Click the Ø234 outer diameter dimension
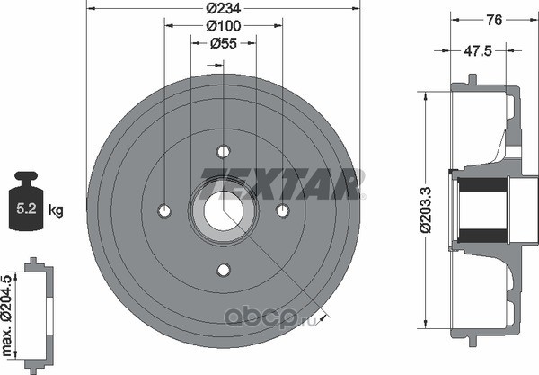tap(224, 8)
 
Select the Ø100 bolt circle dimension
tap(224, 26)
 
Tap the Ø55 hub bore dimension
tap(224, 43)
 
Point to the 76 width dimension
tap(495, 20)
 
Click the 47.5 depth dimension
tap(478, 51)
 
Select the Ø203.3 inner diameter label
tap(425, 210)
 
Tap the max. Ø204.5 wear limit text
tap(7, 315)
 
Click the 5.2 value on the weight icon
tap(26, 209)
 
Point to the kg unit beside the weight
tap(56, 210)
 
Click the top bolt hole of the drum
tap(224, 151)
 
